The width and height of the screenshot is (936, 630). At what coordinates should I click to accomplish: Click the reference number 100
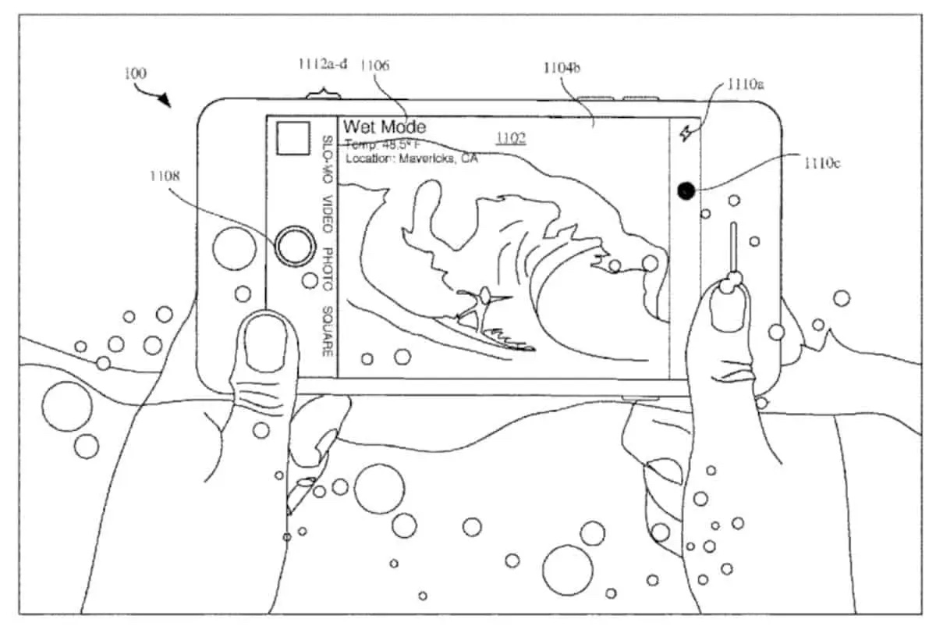pos(135,73)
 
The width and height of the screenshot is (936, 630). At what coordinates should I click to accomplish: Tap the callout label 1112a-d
pos(321,65)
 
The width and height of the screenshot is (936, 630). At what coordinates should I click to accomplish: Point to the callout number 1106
pos(374,66)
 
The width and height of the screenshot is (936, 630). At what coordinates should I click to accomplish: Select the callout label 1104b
pos(562,68)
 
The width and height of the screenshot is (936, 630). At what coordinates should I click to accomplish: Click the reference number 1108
pos(165,176)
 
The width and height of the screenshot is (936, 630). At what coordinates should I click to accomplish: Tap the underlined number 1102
pos(511,139)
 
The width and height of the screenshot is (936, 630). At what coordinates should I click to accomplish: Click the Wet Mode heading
pos(385,126)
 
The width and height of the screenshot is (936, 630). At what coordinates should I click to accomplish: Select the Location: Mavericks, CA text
pos(411,158)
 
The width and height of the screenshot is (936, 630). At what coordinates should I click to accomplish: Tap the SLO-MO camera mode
pos(328,161)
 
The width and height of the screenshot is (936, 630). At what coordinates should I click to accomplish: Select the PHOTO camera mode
pos(328,269)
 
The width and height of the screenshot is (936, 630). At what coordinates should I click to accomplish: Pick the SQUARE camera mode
pos(328,332)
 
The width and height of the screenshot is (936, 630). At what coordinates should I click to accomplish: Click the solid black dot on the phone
pos(686,190)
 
